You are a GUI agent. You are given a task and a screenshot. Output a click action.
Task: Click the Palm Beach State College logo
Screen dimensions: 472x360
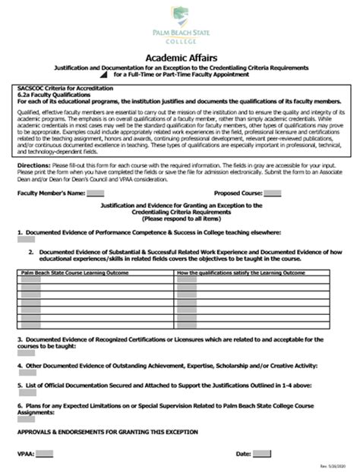[179, 27]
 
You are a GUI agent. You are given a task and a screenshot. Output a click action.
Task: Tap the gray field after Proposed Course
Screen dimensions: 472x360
[271, 194]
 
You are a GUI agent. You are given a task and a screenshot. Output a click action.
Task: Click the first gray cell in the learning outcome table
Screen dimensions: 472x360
[30, 279]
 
